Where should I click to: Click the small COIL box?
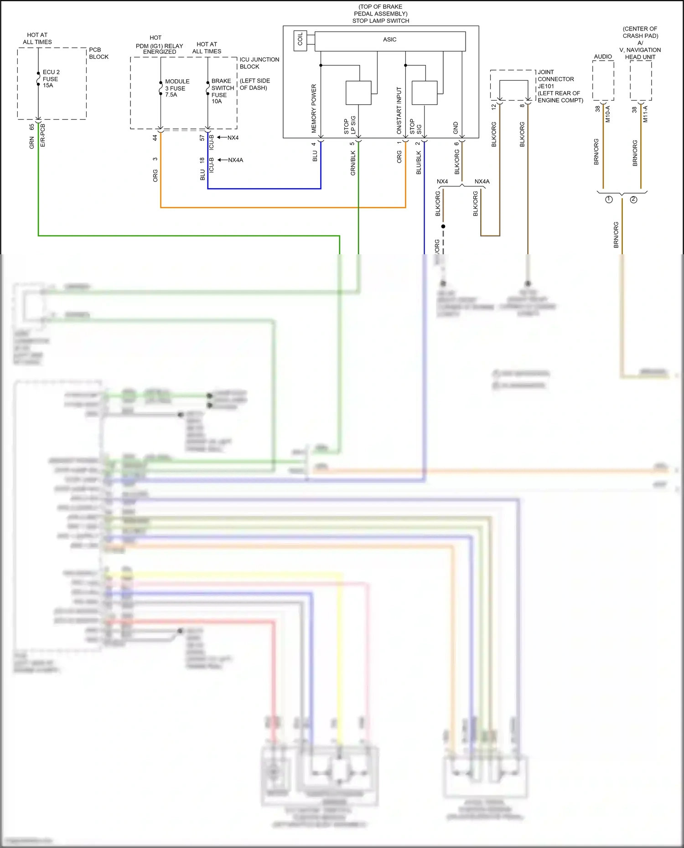[300, 41]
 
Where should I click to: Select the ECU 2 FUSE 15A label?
[51, 79]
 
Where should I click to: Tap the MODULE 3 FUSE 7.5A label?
[177, 88]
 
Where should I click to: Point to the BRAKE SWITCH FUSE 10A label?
[222, 91]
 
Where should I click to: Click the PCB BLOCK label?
[98, 53]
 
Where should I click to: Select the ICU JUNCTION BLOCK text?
[259, 63]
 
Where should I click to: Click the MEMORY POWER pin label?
[314, 108]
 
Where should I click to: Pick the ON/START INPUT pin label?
[399, 111]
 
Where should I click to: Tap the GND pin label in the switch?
[456, 128]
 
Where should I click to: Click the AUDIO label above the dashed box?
[603, 57]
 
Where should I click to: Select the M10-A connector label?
[608, 114]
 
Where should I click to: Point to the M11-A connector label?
[645, 114]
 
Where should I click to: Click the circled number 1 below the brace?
[609, 200]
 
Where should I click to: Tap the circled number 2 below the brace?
[633, 200]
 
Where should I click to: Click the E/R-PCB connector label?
[43, 135]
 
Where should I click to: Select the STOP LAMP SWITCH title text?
[380, 21]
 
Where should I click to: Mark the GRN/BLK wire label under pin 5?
[353, 163]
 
